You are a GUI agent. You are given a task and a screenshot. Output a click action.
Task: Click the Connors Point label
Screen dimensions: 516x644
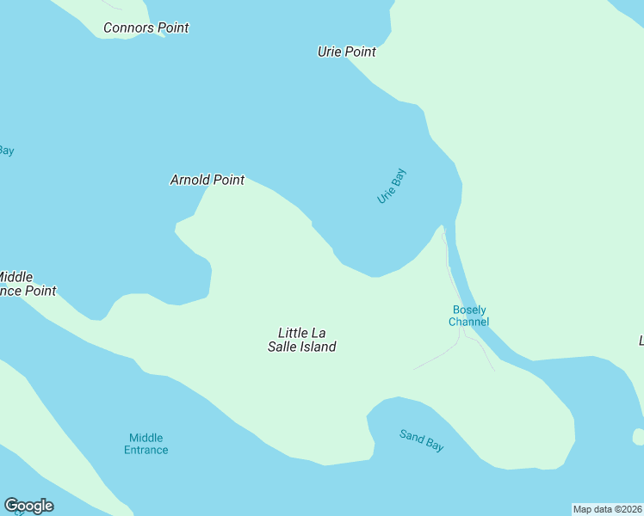[146, 28]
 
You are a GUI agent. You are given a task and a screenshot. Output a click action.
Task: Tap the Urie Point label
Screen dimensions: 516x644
[346, 52]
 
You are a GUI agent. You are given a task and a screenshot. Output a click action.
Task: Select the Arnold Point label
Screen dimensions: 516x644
[207, 180]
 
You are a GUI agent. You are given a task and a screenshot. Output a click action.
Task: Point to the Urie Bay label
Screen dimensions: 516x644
[391, 186]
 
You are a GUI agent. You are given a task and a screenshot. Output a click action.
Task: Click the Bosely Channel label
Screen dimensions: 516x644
[468, 316]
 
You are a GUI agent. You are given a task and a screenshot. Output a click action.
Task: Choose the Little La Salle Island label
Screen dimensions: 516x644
[301, 340]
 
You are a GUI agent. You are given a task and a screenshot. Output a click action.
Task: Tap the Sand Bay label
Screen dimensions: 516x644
[421, 440]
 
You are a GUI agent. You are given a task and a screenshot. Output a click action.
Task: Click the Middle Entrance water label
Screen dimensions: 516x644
[146, 444]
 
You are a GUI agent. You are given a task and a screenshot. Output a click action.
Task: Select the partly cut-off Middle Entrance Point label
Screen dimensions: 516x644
[26, 284]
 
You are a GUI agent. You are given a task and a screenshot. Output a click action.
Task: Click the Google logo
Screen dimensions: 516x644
[28, 506]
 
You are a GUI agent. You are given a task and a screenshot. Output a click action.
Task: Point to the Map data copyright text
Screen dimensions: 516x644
[607, 509]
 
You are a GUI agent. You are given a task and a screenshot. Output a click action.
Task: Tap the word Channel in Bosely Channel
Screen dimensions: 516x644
[468, 322]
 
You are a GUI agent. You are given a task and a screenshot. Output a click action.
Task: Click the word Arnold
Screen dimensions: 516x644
[190, 180]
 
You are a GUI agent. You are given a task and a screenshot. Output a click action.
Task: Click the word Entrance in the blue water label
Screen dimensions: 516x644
[146, 450]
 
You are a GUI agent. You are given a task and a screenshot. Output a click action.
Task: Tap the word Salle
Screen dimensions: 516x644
[283, 347]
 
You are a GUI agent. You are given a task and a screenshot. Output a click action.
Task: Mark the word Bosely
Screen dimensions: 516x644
[469, 310]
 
